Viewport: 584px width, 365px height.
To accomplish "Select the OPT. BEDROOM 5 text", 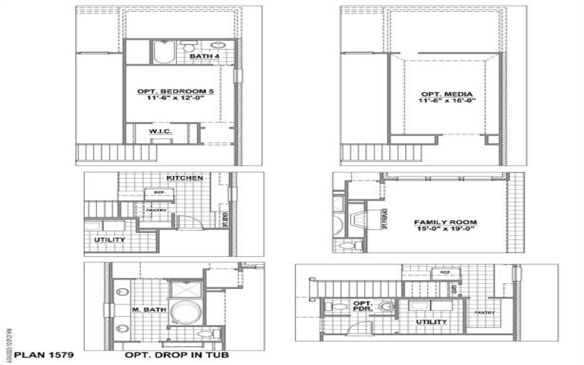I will pyautogui.click(x=169, y=92).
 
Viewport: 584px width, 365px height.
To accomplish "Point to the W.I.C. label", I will pyautogui.click(x=161, y=131).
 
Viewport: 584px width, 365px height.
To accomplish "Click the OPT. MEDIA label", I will pyautogui.click(x=447, y=95).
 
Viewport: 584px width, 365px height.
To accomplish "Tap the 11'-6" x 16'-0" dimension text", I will pyautogui.click(x=447, y=103).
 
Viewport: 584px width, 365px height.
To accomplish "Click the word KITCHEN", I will pyautogui.click(x=185, y=178).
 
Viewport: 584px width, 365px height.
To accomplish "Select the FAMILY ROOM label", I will pyautogui.click(x=445, y=222).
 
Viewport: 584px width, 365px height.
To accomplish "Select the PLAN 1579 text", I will pyautogui.click(x=37, y=356).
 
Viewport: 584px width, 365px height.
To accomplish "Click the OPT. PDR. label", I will pyautogui.click(x=363, y=307).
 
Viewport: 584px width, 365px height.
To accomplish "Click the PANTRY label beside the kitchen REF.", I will pyautogui.click(x=158, y=210).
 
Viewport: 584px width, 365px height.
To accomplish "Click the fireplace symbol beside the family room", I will pyautogui.click(x=356, y=217).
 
